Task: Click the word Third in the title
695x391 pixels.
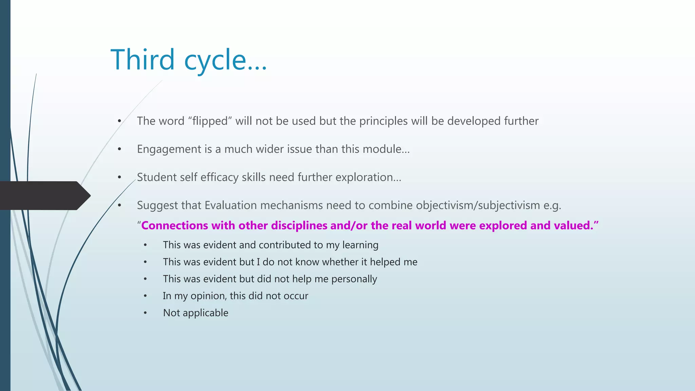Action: pyautogui.click(x=143, y=60)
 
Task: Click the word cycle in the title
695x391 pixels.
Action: pyautogui.click(x=215, y=60)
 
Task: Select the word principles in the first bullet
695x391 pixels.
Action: pyautogui.click(x=383, y=121)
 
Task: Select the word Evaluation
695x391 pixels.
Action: pyautogui.click(x=231, y=206)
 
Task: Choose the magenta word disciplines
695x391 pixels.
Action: pyautogui.click(x=299, y=226)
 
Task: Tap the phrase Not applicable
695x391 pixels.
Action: pyautogui.click(x=195, y=313)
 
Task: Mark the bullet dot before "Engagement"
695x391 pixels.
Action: pyautogui.click(x=119, y=149)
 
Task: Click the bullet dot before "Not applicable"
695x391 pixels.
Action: pyautogui.click(x=145, y=313)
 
